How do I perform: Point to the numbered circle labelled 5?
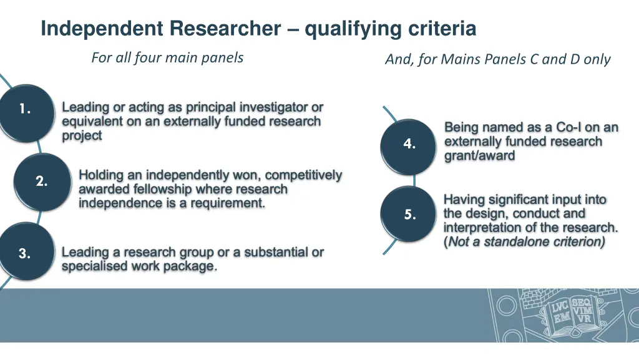click(409, 215)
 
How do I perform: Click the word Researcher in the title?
click(225, 29)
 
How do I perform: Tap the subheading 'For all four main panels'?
click(167, 58)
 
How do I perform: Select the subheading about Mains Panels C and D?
click(497, 59)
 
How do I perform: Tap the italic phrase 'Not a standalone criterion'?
click(525, 241)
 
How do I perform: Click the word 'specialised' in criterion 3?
click(90, 267)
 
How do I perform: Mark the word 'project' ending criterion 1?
click(82, 136)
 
